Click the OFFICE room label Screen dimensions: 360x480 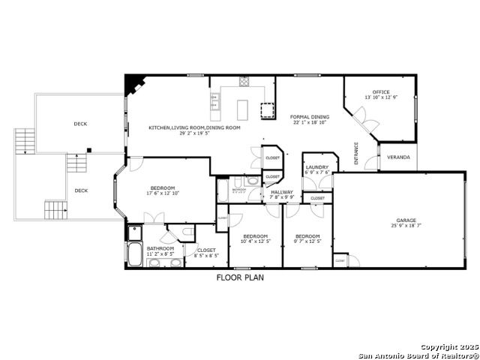pyautogui.click(x=381, y=92)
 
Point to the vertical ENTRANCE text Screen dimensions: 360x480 pyautogui.click(x=356, y=154)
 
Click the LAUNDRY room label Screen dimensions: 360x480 pyautogui.click(x=316, y=167)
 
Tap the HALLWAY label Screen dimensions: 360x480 pyautogui.click(x=282, y=192)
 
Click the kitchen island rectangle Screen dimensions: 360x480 pyautogui.click(x=244, y=109)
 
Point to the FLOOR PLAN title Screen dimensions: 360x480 pyautogui.click(x=240, y=277)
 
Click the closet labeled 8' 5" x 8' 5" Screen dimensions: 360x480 pyautogui.click(x=205, y=256)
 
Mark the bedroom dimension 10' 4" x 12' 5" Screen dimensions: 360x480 pyautogui.click(x=254, y=241)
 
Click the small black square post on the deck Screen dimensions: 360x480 pyautogui.click(x=88, y=149)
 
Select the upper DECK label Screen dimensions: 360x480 pyautogui.click(x=80, y=124)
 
